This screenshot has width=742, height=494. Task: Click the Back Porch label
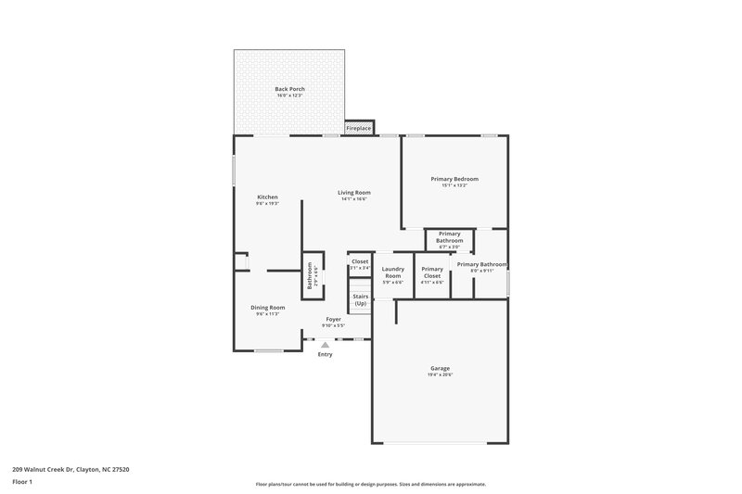(289, 89)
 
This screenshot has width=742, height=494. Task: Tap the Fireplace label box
(359, 128)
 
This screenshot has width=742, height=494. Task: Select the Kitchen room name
(267, 196)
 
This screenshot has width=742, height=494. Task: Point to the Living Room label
(353, 192)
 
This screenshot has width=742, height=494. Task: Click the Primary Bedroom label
(454, 178)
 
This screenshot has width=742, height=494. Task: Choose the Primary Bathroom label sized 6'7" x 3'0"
(449, 237)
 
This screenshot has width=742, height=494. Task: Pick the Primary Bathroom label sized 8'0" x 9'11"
(481, 264)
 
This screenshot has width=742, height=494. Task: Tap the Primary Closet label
(432, 273)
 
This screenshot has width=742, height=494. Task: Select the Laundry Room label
(392, 273)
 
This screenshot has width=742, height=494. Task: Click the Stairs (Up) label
(360, 300)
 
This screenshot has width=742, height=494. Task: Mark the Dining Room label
(267, 308)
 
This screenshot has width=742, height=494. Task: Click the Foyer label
(333, 319)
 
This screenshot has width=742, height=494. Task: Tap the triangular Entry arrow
(325, 345)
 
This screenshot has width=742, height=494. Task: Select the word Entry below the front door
(325, 354)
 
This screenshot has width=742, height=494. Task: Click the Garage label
(440, 368)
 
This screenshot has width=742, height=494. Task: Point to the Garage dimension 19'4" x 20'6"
(440, 374)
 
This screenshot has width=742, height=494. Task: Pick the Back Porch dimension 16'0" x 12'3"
(289, 96)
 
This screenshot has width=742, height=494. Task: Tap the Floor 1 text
(22, 482)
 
